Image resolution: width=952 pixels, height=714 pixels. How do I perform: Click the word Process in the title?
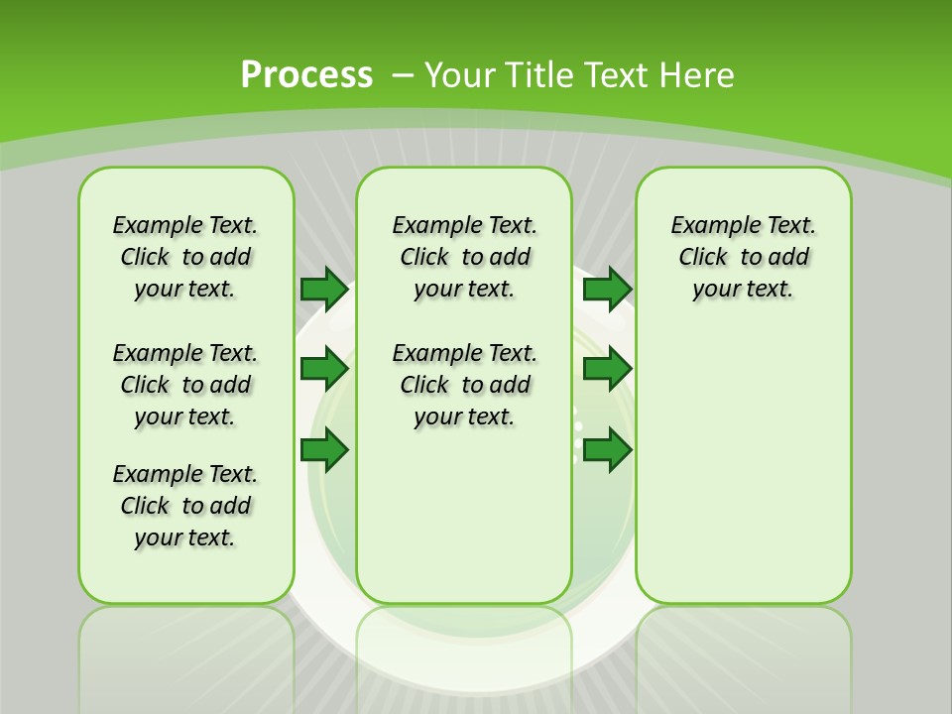[x=306, y=75]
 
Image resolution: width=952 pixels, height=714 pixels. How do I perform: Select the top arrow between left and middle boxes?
[x=323, y=290]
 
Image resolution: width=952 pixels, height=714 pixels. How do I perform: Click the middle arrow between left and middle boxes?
[x=323, y=370]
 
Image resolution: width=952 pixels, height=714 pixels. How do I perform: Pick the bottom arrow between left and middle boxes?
[x=323, y=450]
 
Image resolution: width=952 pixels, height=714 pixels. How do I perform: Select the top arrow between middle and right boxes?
[x=607, y=290]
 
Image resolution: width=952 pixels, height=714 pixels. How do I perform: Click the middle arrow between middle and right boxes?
[x=607, y=370]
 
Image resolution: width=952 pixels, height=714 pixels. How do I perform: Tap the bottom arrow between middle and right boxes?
[x=607, y=450]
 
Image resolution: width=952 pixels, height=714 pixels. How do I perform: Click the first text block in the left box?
[x=185, y=257]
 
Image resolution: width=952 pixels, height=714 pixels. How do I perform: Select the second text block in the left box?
[x=185, y=385]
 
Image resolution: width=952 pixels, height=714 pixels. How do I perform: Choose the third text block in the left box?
[x=185, y=506]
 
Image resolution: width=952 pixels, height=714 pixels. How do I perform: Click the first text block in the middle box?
[x=464, y=257]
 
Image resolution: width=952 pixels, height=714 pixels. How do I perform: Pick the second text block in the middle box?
[x=464, y=385]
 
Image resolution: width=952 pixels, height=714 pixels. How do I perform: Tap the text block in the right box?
[x=743, y=257]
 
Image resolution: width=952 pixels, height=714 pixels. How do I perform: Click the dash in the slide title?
[x=403, y=75]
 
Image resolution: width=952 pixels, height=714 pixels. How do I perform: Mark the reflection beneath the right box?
[x=743, y=645]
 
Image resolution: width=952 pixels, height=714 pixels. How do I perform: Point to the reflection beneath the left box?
[x=185, y=645]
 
